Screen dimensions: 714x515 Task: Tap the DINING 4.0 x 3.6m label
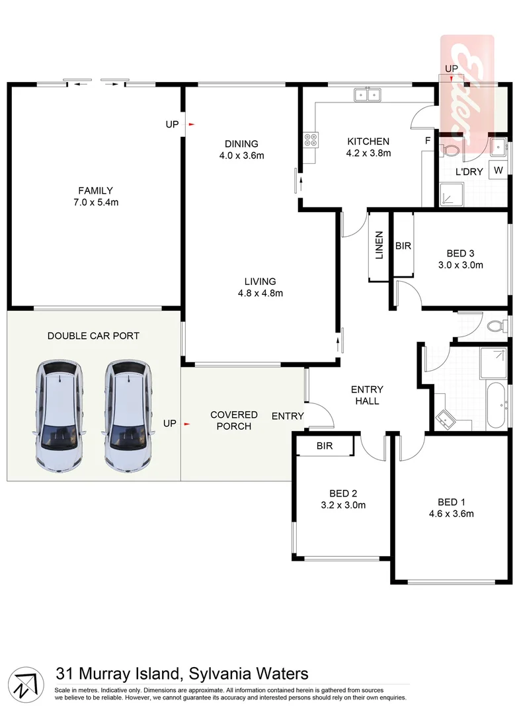(241, 149)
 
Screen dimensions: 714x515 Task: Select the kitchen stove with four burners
(310, 139)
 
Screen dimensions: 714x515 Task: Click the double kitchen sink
(366, 95)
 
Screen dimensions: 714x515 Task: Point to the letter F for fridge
(428, 141)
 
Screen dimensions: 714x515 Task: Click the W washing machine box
(499, 170)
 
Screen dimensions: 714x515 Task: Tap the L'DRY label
(469, 172)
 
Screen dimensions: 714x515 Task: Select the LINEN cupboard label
(379, 245)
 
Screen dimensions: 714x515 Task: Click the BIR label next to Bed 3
(403, 246)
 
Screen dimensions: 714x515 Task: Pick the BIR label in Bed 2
(324, 446)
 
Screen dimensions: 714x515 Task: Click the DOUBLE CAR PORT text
(93, 336)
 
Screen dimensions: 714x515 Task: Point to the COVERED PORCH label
(234, 420)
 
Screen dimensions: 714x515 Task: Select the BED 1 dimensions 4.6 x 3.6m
(451, 513)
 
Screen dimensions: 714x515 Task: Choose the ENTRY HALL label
(367, 395)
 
